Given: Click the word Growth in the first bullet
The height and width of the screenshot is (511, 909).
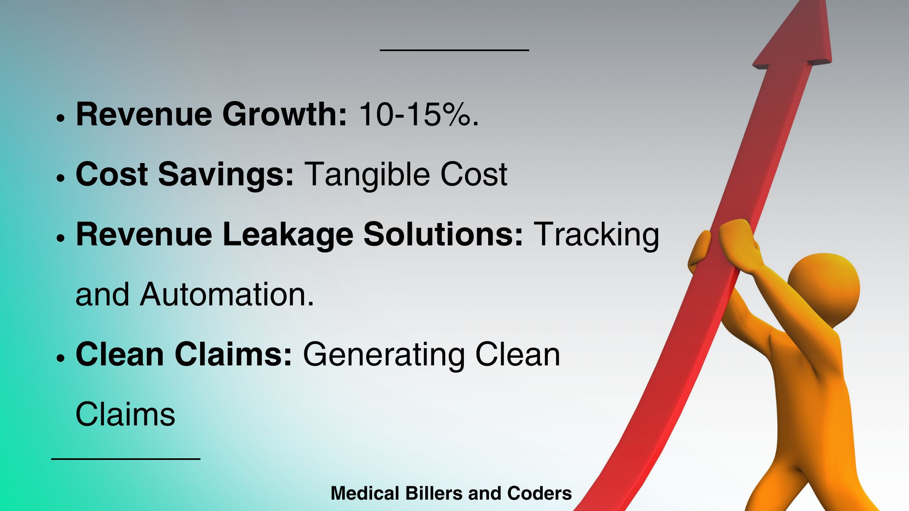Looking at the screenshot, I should coord(284,114).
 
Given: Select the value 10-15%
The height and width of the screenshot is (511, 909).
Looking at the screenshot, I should coord(418,114).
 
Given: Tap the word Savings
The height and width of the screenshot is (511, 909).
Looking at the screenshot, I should coord(226,174).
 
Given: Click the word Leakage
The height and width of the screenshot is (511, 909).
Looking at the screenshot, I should coord(288,235).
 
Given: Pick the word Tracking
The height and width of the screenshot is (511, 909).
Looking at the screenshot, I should coord(596,235).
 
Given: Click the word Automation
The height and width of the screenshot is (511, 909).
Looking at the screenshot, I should coord(227,294).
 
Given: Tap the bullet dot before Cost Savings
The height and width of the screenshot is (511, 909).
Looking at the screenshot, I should coord(61,178).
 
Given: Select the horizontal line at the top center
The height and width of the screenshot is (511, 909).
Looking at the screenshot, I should coord(454,50).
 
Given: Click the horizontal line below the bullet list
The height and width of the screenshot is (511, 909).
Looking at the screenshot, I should coord(126,459).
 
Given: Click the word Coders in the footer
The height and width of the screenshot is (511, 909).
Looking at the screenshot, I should coord(539,493).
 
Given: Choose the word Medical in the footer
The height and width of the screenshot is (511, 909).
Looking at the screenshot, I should coord(365,493).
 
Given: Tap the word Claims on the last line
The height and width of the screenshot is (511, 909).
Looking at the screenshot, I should coord(125,414).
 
